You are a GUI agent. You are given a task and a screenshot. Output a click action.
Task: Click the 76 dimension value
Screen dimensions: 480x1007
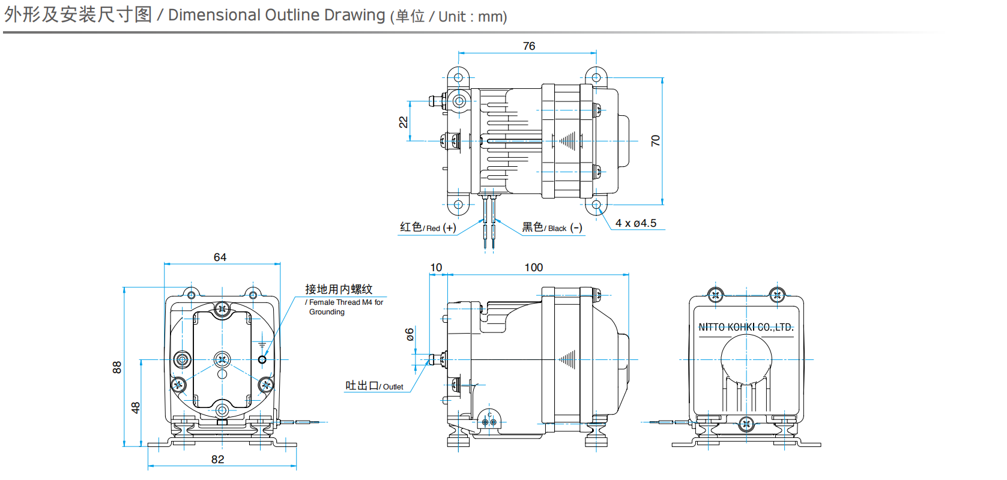pyautogui.click(x=529, y=46)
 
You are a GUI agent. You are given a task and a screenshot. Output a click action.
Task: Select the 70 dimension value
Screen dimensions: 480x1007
pyautogui.click(x=655, y=140)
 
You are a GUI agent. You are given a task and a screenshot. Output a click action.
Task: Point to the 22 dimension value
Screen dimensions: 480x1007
pyautogui.click(x=404, y=122)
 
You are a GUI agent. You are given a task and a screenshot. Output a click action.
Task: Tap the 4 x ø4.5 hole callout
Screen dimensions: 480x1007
pyautogui.click(x=636, y=223)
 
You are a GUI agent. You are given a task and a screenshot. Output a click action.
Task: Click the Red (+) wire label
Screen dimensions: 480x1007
pyautogui.click(x=428, y=227)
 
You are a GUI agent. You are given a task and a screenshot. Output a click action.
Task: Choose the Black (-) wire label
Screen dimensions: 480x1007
pyautogui.click(x=552, y=227)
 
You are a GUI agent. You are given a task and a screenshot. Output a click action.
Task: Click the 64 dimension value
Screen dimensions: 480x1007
pyautogui.click(x=220, y=257)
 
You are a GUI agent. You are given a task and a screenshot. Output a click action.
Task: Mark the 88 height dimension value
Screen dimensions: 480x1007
pyautogui.click(x=117, y=367)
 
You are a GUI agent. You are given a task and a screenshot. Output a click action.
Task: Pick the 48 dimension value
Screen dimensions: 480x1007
pyautogui.click(x=136, y=407)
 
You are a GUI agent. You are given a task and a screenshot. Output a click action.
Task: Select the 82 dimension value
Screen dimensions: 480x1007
pyautogui.click(x=217, y=460)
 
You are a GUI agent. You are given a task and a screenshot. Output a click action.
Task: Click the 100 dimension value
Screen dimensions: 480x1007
pyautogui.click(x=533, y=268)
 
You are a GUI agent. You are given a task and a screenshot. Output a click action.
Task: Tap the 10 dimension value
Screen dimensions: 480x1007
pyautogui.click(x=436, y=268)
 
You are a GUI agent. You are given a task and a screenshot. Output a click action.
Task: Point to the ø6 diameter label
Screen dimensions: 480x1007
pyautogui.click(x=410, y=334)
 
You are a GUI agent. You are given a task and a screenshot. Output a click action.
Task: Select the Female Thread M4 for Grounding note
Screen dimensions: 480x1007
pyautogui.click(x=345, y=307)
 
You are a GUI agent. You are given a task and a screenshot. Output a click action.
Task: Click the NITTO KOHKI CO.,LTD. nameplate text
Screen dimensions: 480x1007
pyautogui.click(x=746, y=328)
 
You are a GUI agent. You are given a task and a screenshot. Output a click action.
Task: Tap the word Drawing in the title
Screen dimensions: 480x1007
pyautogui.click(x=354, y=15)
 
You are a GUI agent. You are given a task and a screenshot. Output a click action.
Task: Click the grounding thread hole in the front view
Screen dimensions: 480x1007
pyautogui.click(x=262, y=359)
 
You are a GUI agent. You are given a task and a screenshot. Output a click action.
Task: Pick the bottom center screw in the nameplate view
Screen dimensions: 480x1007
pyautogui.click(x=746, y=424)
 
